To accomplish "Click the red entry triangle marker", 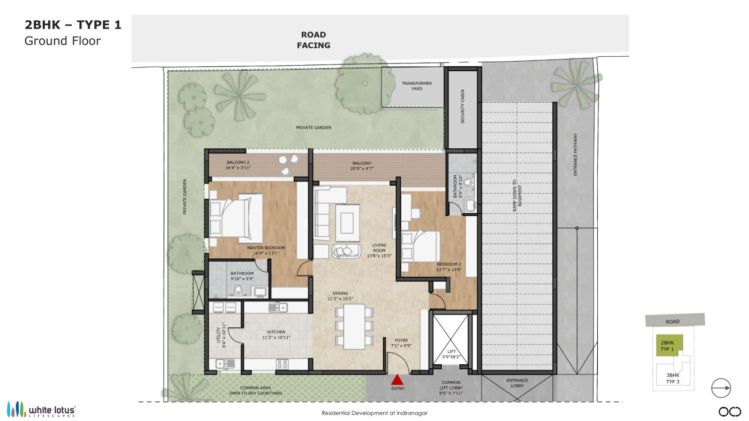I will point(397,380).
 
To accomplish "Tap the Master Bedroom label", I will point(266,250).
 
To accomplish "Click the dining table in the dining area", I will point(354,327).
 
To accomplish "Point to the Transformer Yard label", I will point(416,86).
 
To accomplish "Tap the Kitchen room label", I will point(276,335).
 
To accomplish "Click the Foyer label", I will point(401,342).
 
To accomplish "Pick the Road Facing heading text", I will point(314,40).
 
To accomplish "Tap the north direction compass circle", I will point(721,388).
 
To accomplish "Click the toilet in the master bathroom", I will point(238,291).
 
